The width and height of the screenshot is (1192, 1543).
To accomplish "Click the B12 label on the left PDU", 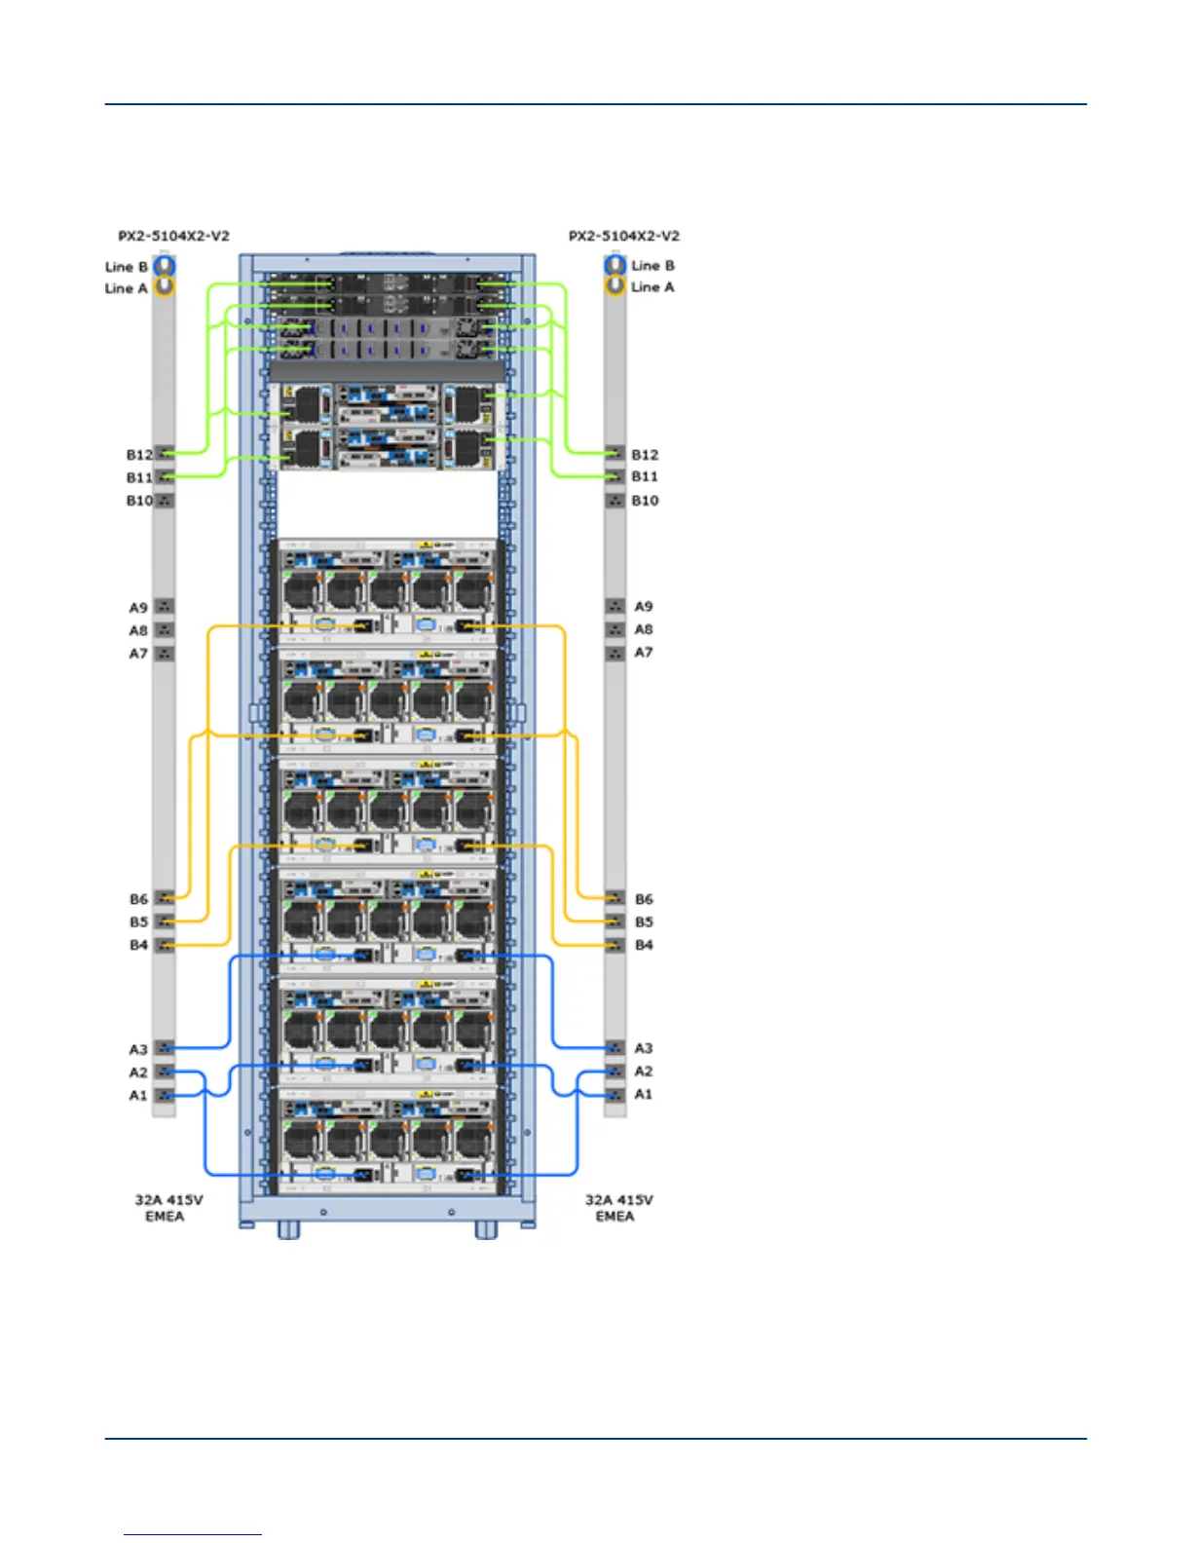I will (139, 455).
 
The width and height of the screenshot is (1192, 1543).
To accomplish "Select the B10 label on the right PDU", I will (645, 501).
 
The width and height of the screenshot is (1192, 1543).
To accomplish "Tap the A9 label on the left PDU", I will (138, 608).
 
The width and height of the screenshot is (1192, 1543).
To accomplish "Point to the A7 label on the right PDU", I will (644, 653).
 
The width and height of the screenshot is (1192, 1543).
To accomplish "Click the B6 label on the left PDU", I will (138, 899).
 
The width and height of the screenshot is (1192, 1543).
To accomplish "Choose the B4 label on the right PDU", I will (644, 945).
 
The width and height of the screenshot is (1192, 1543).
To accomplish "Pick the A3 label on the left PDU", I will (138, 1049).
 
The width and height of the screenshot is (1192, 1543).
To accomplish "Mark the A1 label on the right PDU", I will (644, 1094).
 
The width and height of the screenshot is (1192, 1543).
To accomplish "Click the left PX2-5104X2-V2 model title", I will (173, 236).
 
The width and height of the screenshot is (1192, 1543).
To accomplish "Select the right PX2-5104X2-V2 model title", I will (624, 236).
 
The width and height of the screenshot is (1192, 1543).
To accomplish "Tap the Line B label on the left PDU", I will (127, 267).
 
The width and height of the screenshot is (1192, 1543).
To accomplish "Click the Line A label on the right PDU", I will (652, 287).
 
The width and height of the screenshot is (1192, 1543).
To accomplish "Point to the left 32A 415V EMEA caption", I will (168, 1208).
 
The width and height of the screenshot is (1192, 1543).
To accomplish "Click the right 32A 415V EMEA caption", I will (618, 1208).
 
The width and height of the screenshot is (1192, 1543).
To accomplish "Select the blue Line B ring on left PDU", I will (165, 265).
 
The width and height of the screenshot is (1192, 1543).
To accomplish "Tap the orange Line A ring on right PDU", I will (615, 285).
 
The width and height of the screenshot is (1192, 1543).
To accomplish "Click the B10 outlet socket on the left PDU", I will (165, 501).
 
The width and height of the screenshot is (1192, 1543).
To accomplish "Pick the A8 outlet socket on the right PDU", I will (615, 629).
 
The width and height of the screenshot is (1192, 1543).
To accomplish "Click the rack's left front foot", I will (288, 1231).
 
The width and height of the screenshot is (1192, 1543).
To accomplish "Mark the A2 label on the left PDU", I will (138, 1073).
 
